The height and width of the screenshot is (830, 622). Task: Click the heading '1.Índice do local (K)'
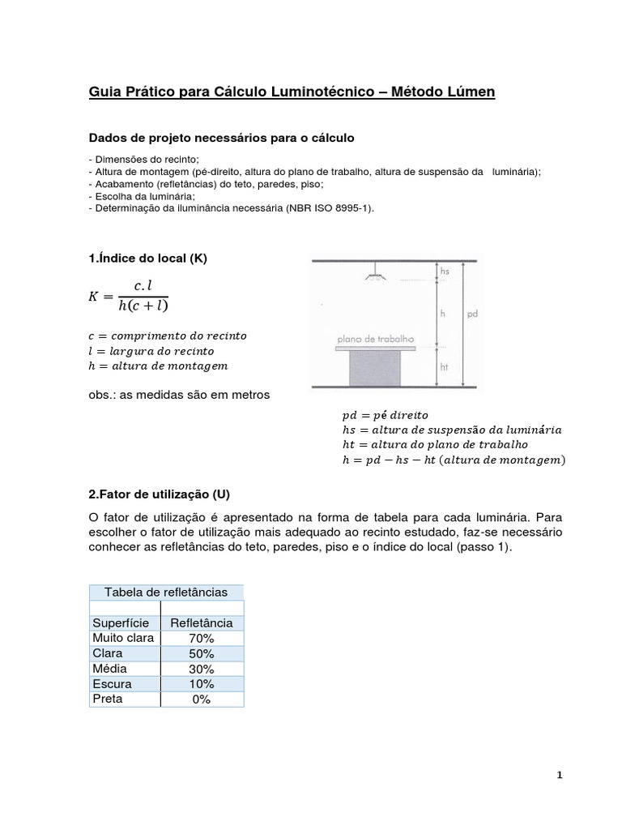coord(148,258)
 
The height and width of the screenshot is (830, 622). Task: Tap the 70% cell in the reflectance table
coord(202,638)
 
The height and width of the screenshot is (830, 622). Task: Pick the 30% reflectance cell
coord(202,669)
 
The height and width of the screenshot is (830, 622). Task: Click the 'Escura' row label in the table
coord(112,684)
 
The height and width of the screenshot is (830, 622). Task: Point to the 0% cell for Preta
coord(202,700)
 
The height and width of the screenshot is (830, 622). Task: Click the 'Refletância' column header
coord(202,622)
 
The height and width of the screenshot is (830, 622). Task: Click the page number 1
coord(559,775)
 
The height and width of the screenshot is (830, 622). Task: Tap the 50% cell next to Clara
coord(202,653)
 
